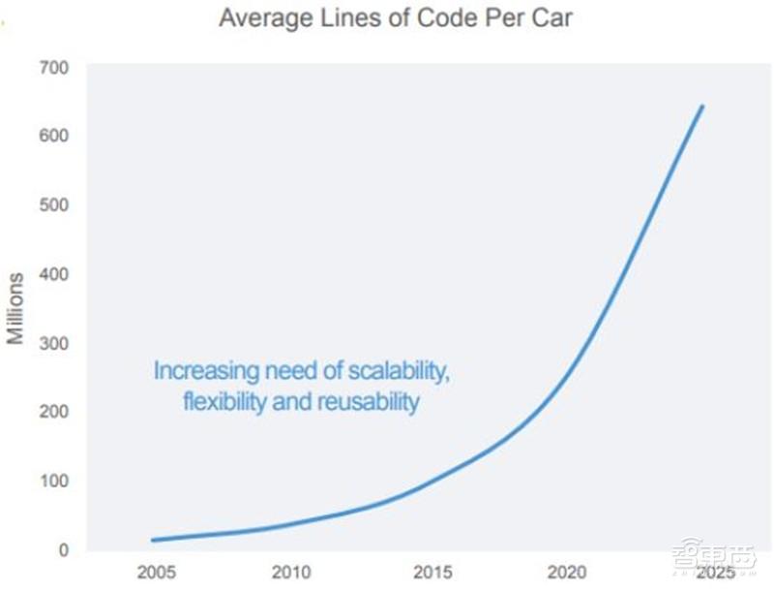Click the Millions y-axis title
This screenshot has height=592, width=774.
[15, 308]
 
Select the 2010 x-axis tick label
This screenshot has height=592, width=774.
[291, 572]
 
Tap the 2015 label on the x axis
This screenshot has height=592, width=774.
[432, 572]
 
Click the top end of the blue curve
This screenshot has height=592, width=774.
[702, 106]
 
